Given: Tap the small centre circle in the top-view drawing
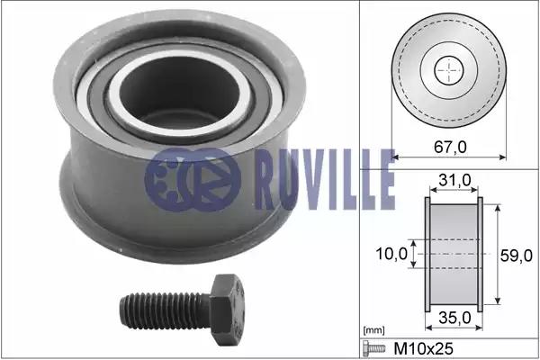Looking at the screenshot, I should coord(447,71).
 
